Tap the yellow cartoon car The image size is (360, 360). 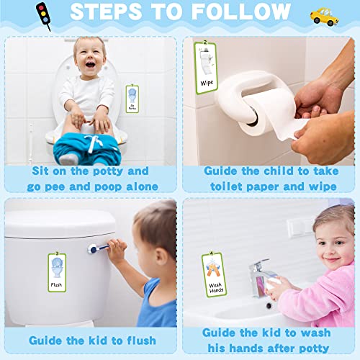pos(325,16)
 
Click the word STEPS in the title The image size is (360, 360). pos(112,14)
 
